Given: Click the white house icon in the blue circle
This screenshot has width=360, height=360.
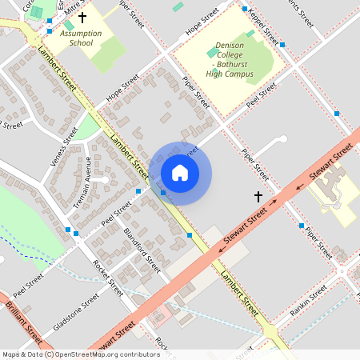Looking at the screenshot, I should point(180,172).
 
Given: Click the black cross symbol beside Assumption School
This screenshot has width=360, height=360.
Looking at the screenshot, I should point(82,16).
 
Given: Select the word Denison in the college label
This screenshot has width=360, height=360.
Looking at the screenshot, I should point(230,47).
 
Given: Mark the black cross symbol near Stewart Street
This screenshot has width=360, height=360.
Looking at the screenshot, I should point(258,196).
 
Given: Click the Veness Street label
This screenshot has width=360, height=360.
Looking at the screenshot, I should point(64,146).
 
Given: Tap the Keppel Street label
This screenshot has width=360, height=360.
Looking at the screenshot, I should point(263,27).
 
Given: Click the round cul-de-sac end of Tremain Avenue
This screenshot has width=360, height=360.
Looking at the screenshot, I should point(105,179).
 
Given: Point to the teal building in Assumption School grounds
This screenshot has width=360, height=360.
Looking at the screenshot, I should point(69,25).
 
